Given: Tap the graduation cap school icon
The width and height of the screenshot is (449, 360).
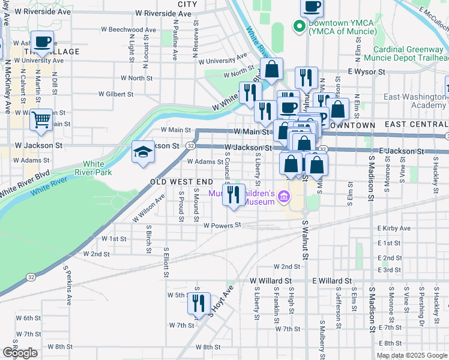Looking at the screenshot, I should click(143, 152).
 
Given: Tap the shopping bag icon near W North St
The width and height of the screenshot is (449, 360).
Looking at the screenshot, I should click(272, 69).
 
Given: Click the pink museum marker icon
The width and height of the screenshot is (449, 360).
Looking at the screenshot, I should click(284, 196).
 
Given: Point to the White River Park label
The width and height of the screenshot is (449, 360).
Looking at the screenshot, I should click(97, 168).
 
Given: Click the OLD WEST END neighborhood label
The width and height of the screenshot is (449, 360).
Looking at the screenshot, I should click(181, 182).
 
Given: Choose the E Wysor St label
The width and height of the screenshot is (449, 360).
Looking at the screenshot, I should click(366, 71).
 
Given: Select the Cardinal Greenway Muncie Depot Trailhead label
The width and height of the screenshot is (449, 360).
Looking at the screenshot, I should click(411, 54).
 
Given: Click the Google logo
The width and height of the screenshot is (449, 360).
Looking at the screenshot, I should click(20, 353).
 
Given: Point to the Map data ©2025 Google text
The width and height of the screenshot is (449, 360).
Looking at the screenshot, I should click(411, 355).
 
